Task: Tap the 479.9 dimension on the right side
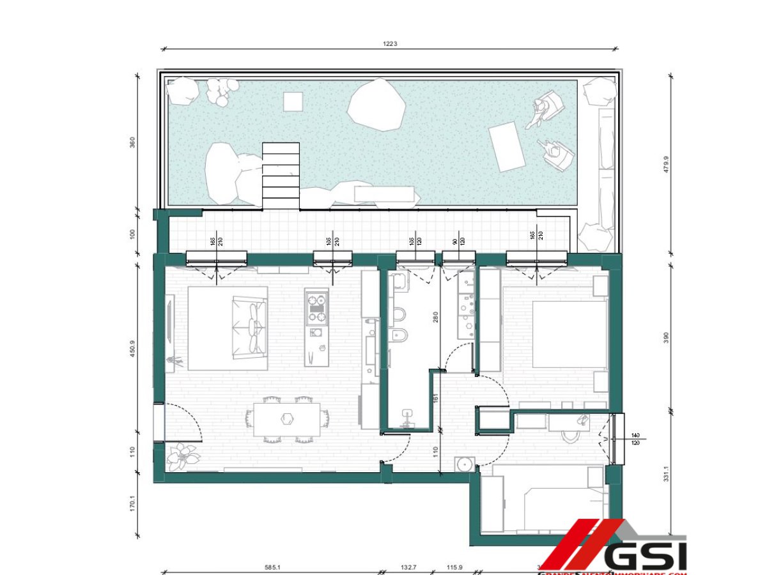point(667,167)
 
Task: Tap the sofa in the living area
point(249,327)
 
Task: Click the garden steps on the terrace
point(281,175)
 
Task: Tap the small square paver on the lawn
point(293,101)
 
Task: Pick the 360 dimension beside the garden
point(132,142)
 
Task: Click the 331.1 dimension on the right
point(667,473)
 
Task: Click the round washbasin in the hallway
point(463,463)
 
